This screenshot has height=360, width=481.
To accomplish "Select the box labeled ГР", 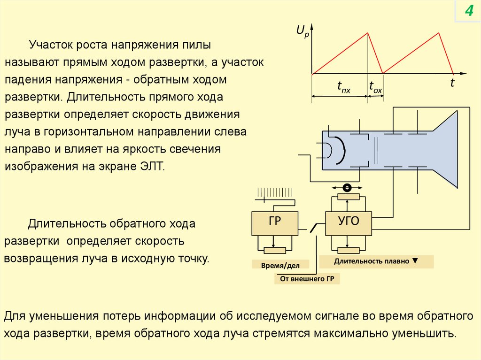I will (x=275, y=223).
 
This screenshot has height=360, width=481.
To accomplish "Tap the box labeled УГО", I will (x=349, y=223).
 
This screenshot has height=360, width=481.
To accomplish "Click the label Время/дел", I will (x=275, y=265).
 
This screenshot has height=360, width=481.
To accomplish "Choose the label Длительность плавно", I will (x=376, y=261).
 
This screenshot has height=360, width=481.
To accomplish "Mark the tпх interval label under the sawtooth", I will (x=344, y=87).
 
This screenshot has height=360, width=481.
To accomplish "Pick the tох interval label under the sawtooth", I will (x=375, y=87).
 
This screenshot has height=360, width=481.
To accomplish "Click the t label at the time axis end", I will (x=452, y=84).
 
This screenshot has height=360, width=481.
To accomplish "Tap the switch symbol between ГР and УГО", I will (x=313, y=229).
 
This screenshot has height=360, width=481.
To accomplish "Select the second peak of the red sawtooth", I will (x=439, y=32).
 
